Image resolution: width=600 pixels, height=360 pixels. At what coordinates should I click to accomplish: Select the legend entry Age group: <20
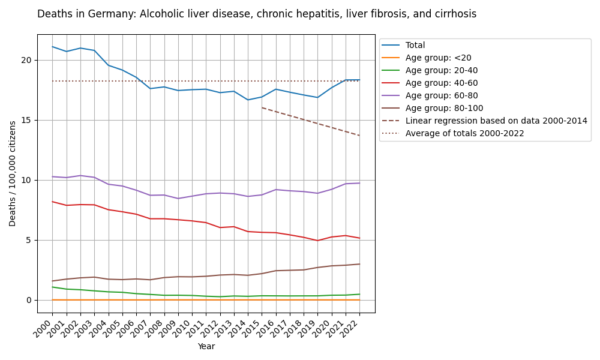tap(438, 58)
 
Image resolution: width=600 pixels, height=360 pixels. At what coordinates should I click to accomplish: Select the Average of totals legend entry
tap(464, 133)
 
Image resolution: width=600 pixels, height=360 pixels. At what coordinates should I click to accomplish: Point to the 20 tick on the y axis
tap(26, 60)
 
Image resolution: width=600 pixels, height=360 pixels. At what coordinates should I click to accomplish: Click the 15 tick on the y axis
tap(26, 120)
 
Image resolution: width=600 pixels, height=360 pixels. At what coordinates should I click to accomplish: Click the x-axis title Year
tap(206, 346)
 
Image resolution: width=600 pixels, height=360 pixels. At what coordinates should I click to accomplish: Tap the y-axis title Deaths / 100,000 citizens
tap(13, 173)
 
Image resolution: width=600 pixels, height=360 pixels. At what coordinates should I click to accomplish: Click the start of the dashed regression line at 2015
tap(262, 107)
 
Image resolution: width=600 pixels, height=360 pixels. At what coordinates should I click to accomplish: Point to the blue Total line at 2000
tap(52, 47)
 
